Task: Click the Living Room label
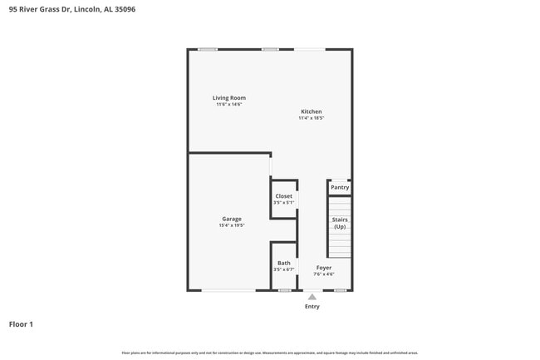(x=228, y=98)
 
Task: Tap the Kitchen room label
(x=311, y=111)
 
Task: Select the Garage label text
(x=231, y=219)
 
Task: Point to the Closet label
(x=283, y=196)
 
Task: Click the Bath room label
(x=283, y=263)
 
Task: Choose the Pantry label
(x=340, y=188)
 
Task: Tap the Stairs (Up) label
(x=340, y=223)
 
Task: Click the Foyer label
(x=323, y=268)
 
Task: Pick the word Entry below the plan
(x=312, y=307)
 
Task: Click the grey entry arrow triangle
(x=312, y=297)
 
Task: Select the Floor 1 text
(x=21, y=324)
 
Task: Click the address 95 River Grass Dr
(x=38, y=9)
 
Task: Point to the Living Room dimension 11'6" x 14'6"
(x=228, y=105)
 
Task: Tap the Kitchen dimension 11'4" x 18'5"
(x=311, y=118)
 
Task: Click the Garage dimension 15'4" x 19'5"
(x=231, y=225)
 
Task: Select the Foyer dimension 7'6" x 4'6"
(x=323, y=274)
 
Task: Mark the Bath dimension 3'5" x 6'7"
(x=283, y=269)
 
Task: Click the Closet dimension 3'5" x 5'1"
(x=283, y=203)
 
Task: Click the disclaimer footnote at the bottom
(x=270, y=353)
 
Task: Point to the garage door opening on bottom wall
(x=228, y=290)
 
